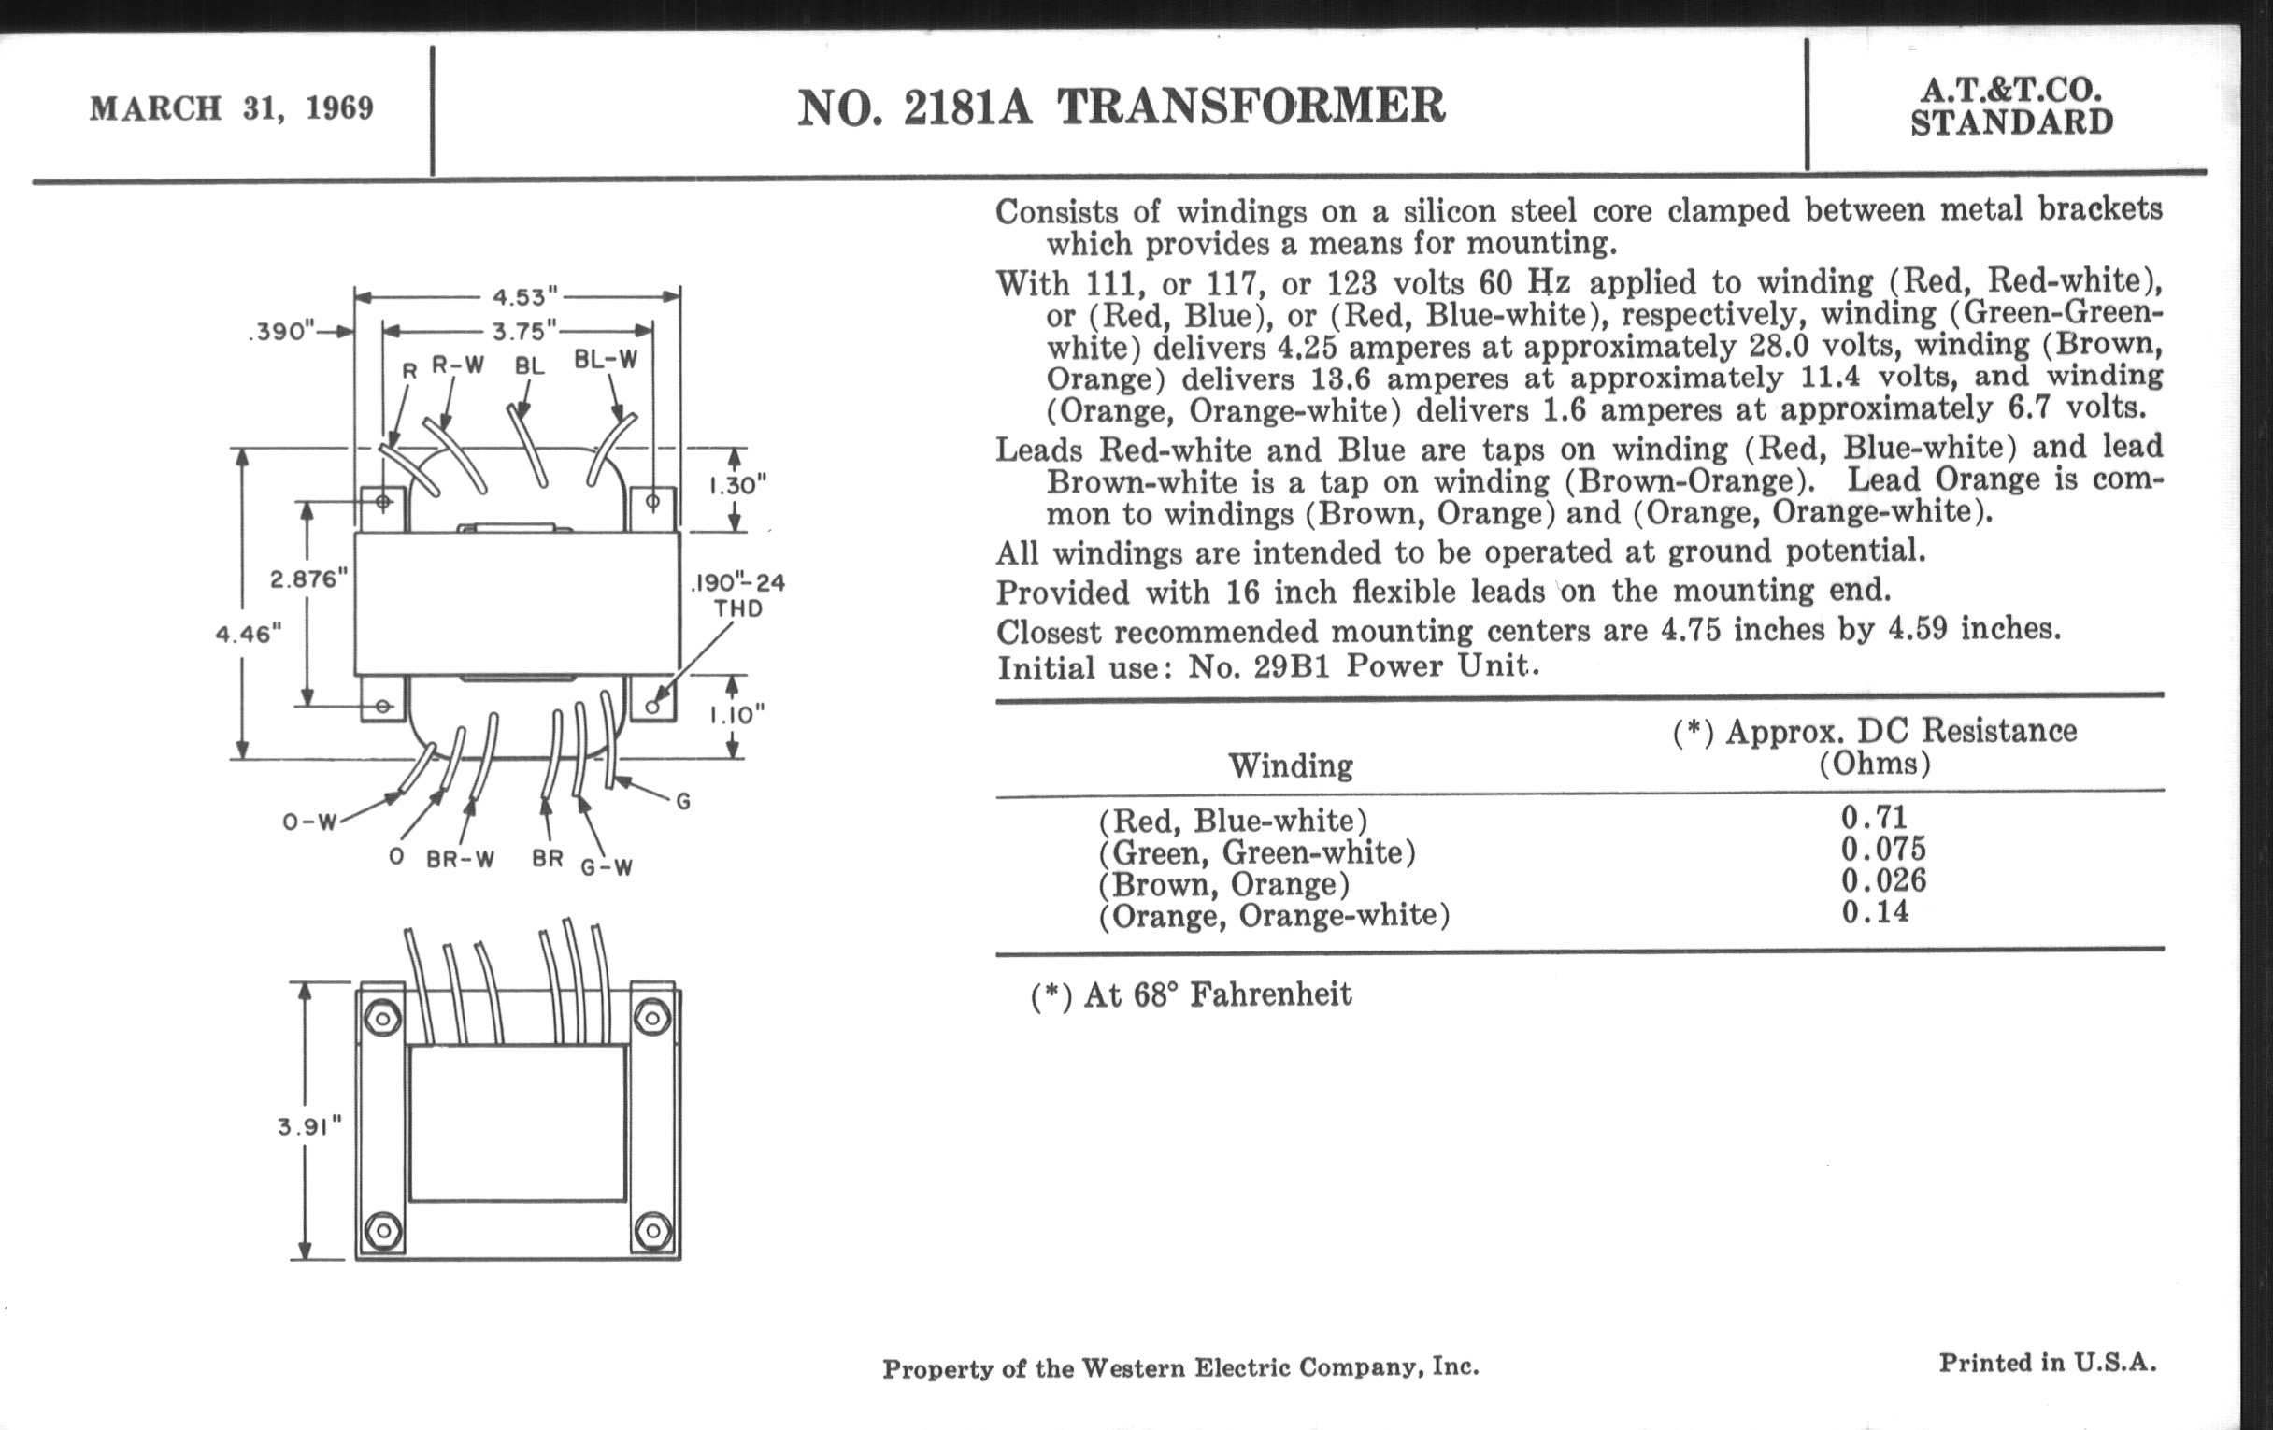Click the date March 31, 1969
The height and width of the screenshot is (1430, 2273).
(x=231, y=108)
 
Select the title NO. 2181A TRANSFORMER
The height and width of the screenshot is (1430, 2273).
(x=1121, y=107)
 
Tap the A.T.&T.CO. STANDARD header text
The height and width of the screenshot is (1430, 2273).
(x=2010, y=107)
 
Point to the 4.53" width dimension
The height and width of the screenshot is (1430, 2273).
(x=519, y=297)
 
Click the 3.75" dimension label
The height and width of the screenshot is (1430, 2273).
(x=519, y=331)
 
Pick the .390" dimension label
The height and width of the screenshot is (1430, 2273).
(x=280, y=332)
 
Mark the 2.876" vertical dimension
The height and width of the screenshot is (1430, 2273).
(x=308, y=579)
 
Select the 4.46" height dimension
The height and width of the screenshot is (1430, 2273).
(x=250, y=634)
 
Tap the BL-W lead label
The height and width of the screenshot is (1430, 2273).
(x=606, y=360)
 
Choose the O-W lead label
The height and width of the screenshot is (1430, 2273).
(x=309, y=822)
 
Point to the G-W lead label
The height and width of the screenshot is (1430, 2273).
(x=606, y=867)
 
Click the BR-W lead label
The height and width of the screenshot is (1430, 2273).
(x=461, y=860)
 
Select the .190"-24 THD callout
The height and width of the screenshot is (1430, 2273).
(x=738, y=594)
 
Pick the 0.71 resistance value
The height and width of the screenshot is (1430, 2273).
(x=1874, y=817)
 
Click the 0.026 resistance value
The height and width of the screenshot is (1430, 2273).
(x=1883, y=880)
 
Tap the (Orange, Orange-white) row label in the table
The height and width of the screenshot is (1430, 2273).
(x=1273, y=916)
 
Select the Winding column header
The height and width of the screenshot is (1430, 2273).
(x=1291, y=765)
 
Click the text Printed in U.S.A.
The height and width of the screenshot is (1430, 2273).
(x=2048, y=1363)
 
